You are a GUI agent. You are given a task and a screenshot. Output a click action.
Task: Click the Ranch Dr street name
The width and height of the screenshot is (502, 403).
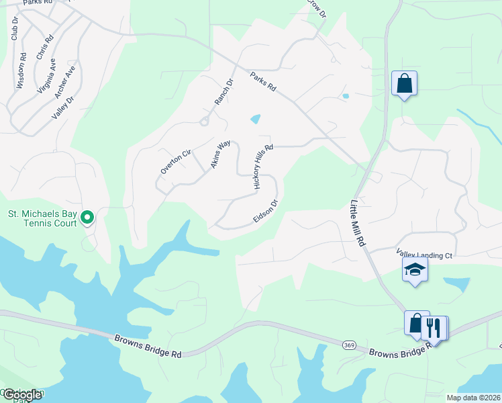(x=223, y=92)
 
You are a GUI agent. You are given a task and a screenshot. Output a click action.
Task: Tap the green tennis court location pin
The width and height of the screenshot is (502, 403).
(x=87, y=217)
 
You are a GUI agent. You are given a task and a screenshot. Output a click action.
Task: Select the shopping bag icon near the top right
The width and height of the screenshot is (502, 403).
(x=404, y=84)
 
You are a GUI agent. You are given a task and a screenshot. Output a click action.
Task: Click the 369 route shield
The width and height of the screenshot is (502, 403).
(x=348, y=345)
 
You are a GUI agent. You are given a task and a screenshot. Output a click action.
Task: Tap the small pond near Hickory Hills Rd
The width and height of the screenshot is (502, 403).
(x=256, y=120)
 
